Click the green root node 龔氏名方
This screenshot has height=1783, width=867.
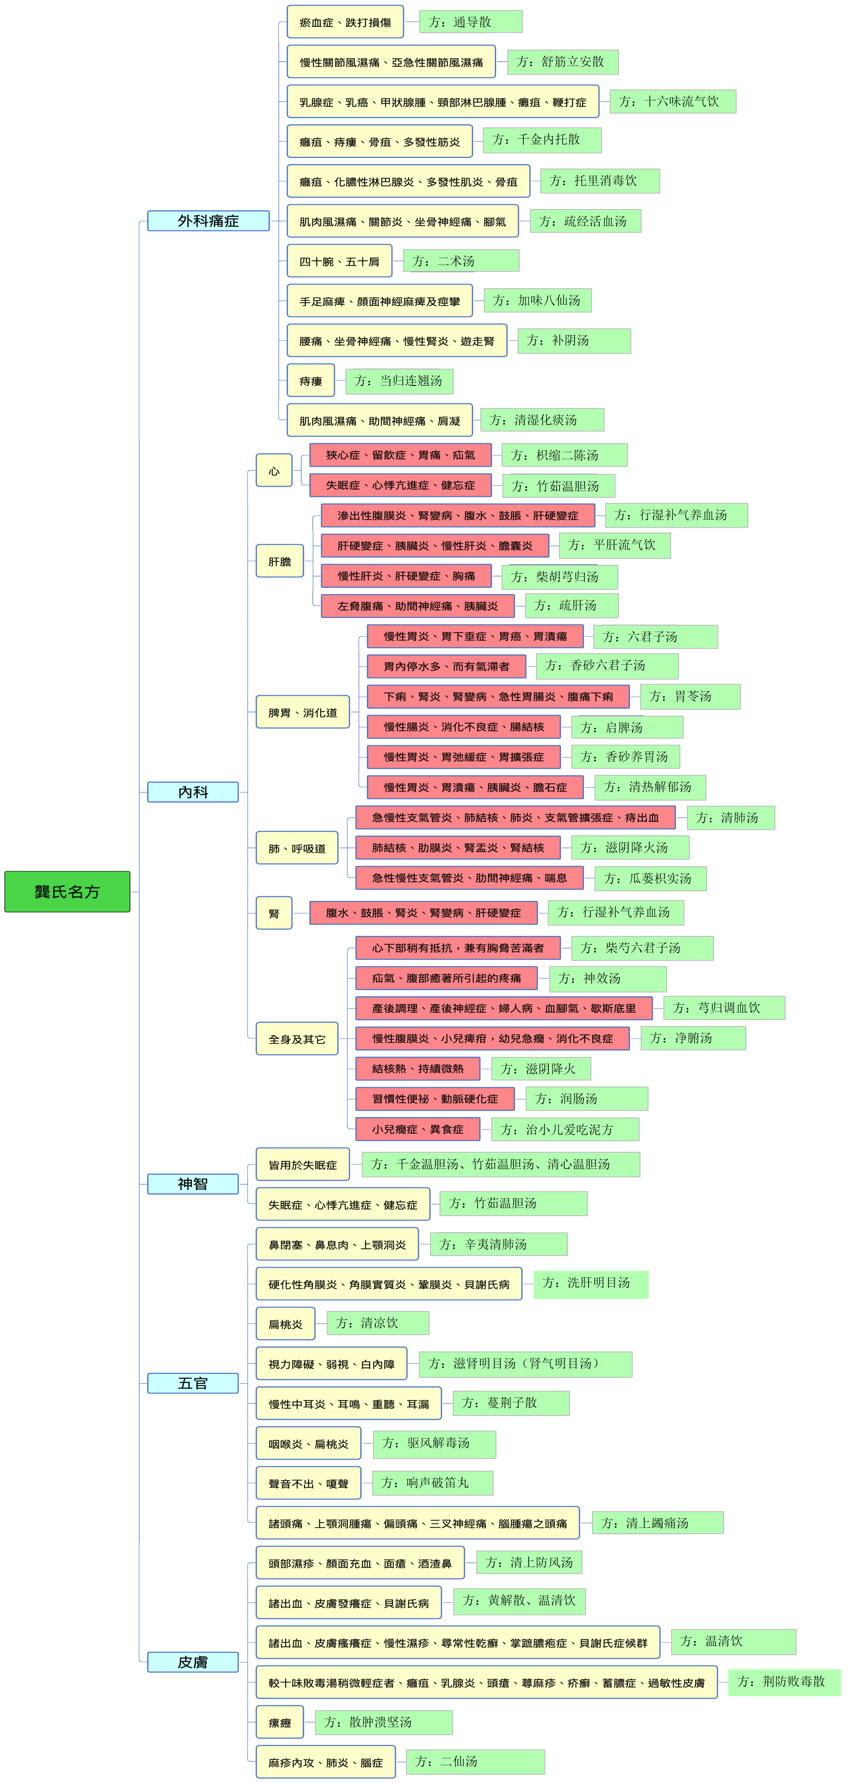point(67,891)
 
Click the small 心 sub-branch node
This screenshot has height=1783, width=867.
point(274,471)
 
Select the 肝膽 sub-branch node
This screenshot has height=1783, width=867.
point(280,561)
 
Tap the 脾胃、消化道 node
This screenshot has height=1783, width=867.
point(303,712)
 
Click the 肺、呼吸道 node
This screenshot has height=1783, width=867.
point(297,848)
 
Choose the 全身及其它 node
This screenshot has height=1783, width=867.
point(297,1039)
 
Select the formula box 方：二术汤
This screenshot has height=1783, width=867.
point(461,261)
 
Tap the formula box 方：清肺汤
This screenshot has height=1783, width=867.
point(731,817)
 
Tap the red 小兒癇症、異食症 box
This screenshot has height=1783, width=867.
point(417,1129)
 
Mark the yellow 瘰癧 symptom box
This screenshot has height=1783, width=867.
point(280,1722)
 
